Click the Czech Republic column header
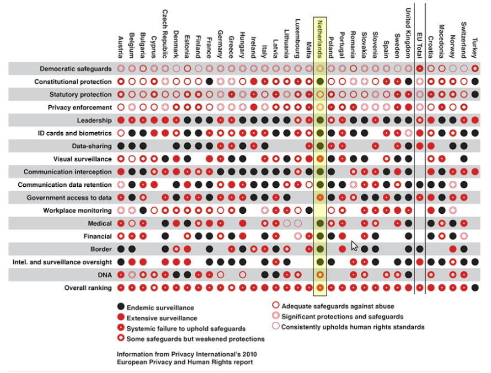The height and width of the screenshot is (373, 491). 165,31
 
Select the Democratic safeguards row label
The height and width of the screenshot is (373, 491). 76,68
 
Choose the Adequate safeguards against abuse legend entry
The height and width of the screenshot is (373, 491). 338,306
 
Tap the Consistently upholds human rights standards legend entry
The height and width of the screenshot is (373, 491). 353,327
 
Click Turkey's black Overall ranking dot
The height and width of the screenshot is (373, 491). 474,288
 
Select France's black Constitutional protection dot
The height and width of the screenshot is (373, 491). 210,82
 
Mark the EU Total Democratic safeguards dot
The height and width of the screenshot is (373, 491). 420,68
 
